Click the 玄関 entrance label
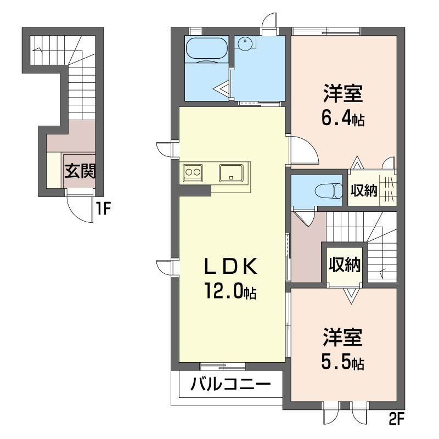80,172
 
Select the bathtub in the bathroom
206,48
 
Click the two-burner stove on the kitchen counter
193,172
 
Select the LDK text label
230,267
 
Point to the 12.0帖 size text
230,291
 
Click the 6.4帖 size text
344,118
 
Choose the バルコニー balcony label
230,385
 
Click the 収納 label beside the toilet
363,190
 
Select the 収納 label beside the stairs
344,265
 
